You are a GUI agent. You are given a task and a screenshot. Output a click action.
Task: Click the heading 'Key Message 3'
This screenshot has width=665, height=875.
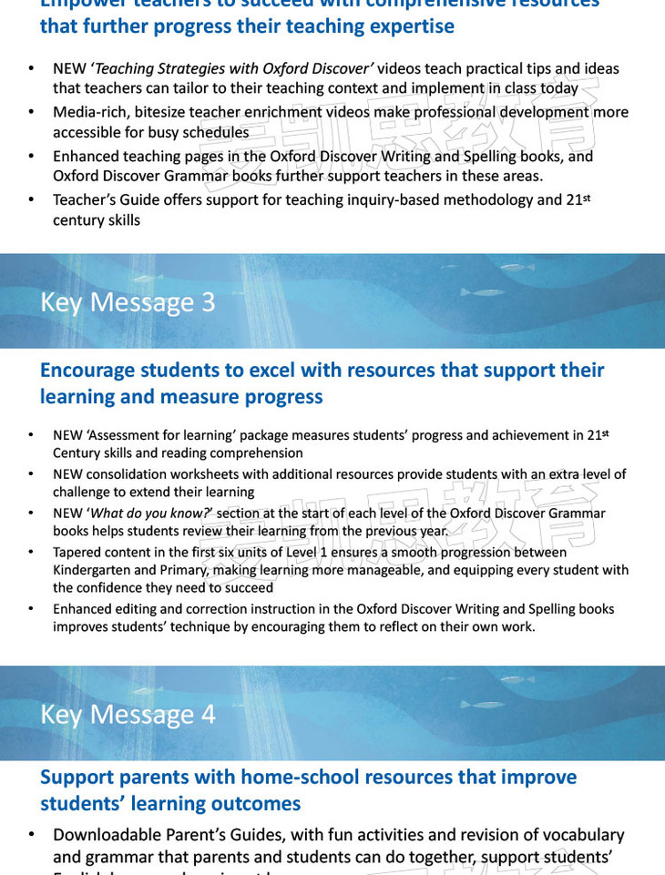[128, 302]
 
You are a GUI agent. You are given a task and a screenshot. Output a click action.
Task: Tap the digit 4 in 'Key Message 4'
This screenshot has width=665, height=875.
[208, 715]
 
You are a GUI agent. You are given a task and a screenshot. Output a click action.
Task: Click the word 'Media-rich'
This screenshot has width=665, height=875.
[87, 113]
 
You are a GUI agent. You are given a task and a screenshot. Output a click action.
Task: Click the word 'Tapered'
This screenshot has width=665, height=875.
[77, 553]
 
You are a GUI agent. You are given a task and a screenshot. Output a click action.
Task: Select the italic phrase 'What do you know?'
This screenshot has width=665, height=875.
[150, 514]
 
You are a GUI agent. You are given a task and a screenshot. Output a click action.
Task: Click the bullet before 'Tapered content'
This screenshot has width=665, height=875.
[30, 553]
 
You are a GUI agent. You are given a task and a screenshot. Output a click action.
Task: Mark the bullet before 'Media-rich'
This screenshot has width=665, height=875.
[31, 113]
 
